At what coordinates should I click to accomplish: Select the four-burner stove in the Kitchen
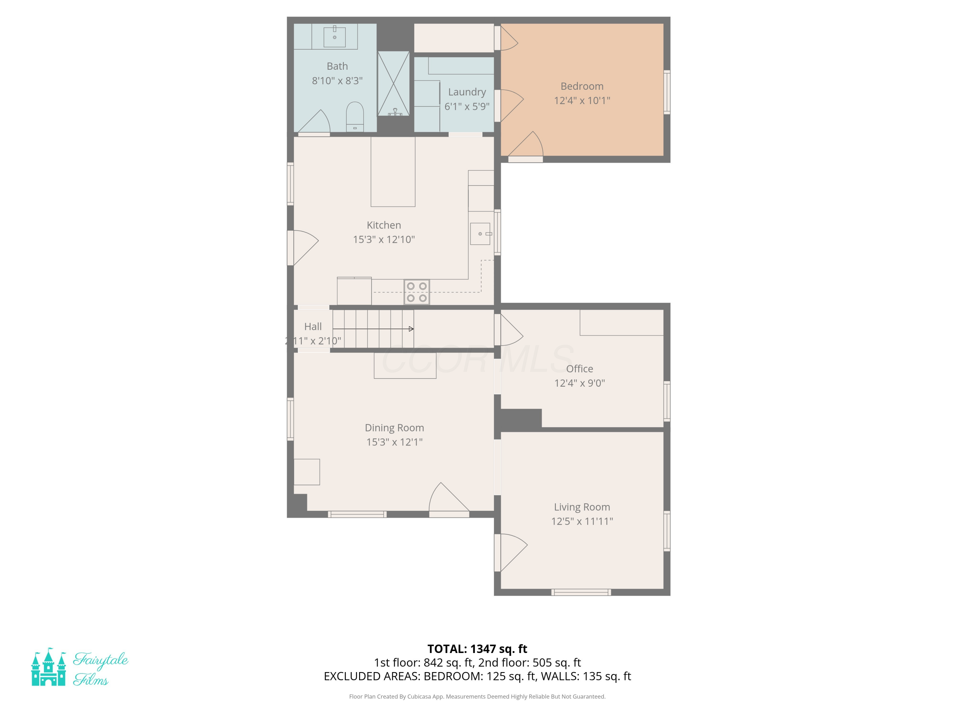(417, 292)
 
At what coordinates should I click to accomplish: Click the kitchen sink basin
(480, 234)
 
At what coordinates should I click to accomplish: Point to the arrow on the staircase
(373, 329)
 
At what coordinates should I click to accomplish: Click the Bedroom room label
(582, 86)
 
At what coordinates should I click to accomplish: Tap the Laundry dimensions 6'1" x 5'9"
(467, 106)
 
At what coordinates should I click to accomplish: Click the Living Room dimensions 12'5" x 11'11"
(582, 521)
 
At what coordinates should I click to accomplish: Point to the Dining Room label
(395, 428)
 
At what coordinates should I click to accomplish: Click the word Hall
(313, 327)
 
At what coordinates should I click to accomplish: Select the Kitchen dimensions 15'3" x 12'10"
(384, 240)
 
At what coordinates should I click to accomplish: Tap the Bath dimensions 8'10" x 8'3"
(337, 81)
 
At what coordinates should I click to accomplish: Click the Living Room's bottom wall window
(581, 592)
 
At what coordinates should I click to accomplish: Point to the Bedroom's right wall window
(667, 92)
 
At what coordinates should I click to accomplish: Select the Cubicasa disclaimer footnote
(477, 696)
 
